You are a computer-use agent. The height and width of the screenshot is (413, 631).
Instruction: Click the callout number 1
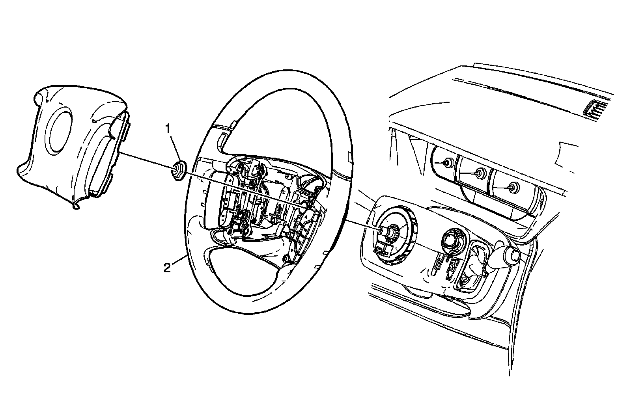click(x=168, y=128)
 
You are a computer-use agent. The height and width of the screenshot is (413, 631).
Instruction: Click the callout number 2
click(x=168, y=268)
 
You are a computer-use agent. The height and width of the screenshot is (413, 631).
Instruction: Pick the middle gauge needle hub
click(x=480, y=172)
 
